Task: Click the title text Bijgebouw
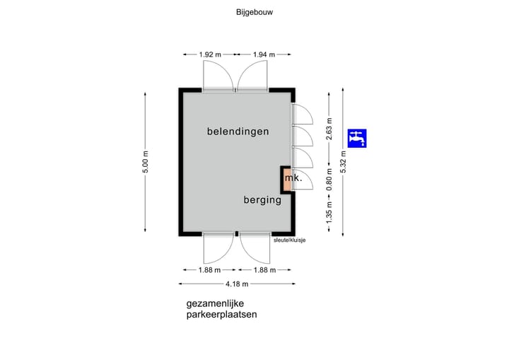pyautogui.click(x=255, y=12)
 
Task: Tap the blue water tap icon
pyautogui.click(x=357, y=139)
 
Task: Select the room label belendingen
pyautogui.click(x=238, y=132)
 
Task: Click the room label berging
pyautogui.click(x=262, y=200)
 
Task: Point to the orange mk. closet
pyautogui.click(x=287, y=180)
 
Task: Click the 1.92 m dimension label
pyautogui.click(x=210, y=54)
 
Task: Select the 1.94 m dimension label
pyautogui.click(x=264, y=54)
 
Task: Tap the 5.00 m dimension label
pyautogui.click(x=146, y=162)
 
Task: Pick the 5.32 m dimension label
pyautogui.click(x=344, y=162)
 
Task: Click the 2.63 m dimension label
pyautogui.click(x=329, y=129)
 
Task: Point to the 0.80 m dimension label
pyautogui.click(x=329, y=180)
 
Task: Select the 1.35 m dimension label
pyautogui.click(x=329, y=213)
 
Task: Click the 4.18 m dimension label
pyautogui.click(x=237, y=284)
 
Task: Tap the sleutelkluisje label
pyautogui.click(x=290, y=240)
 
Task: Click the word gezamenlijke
pyautogui.click(x=215, y=304)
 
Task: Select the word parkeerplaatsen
pyautogui.click(x=221, y=315)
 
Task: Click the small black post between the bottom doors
pyautogui.click(x=237, y=233)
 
